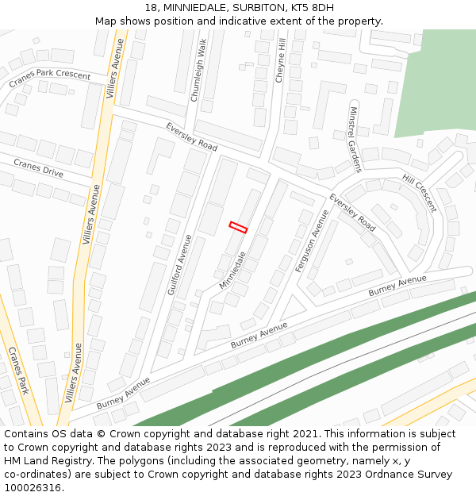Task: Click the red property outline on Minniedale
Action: tap(238, 227)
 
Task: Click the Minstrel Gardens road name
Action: tap(354, 139)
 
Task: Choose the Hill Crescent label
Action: tap(419, 194)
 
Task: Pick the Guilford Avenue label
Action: tap(180, 264)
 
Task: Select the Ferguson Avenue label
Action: tap(312, 241)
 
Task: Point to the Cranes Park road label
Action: tap(18, 371)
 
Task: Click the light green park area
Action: tap(435, 83)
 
